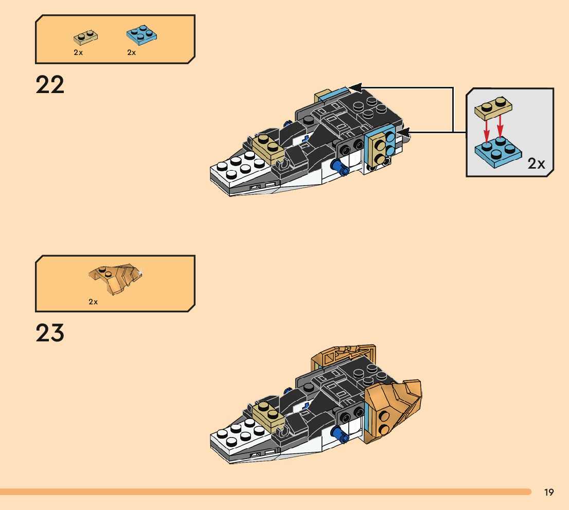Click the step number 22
coord(50,85)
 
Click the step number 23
coord(50,333)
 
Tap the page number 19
coord(548,493)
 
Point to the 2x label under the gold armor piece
coord(93,302)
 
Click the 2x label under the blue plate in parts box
coord(132,52)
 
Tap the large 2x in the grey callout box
coord(536,163)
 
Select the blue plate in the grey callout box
coord(496,150)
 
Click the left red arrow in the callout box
coord(485,129)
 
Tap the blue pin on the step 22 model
coord(338,167)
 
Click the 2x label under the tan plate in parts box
coord(78,52)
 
